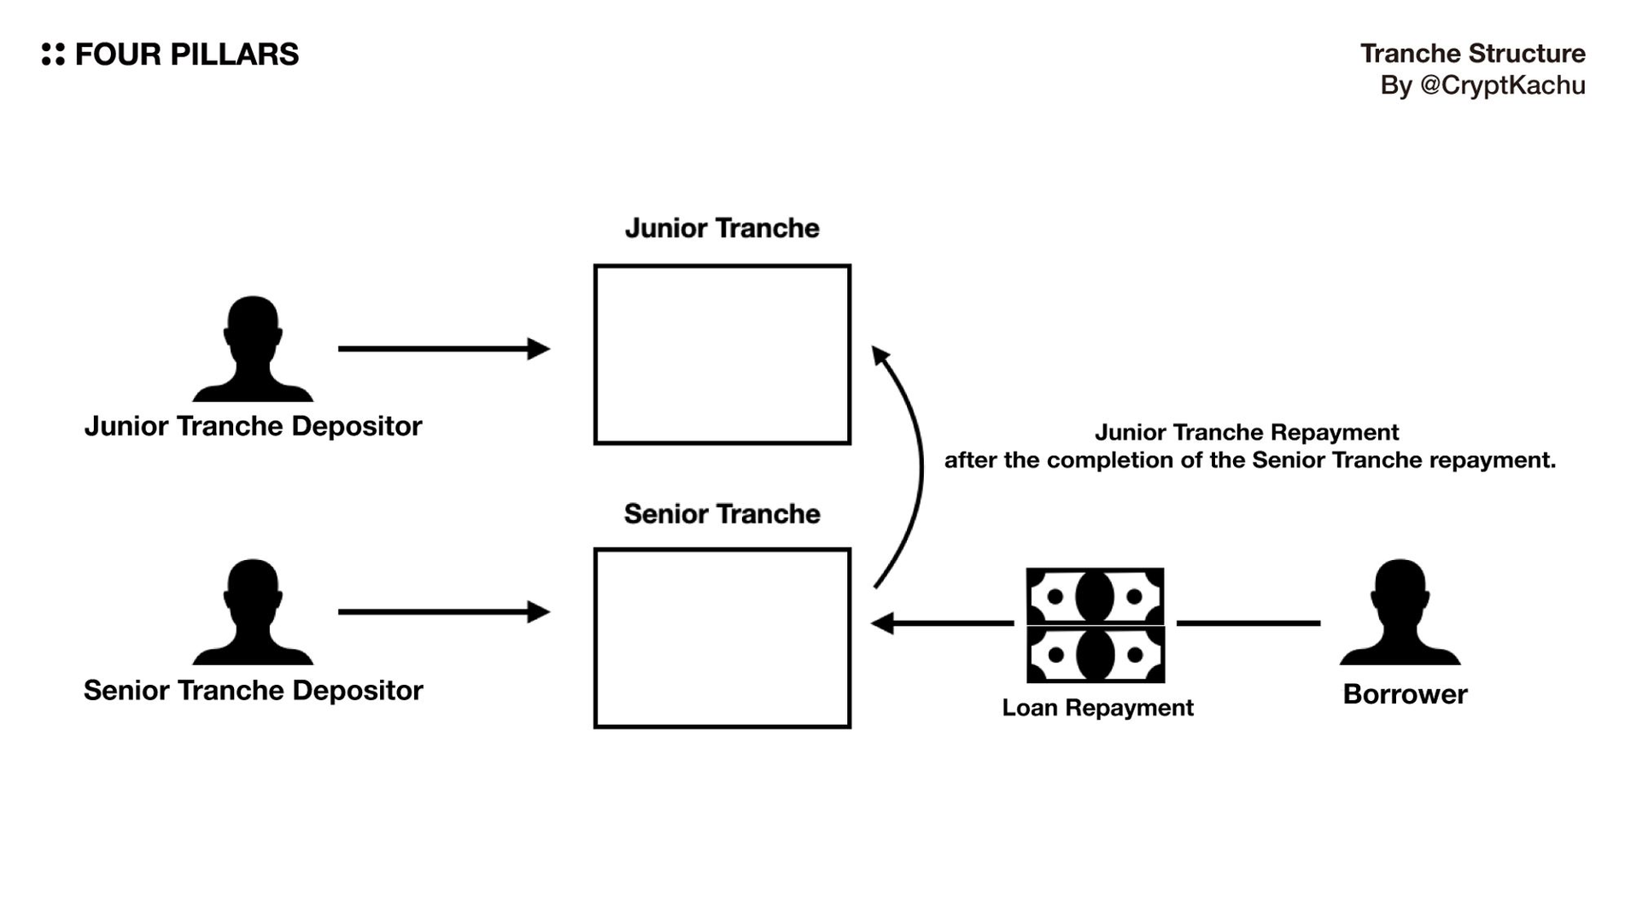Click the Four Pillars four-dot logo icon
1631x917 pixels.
click(x=53, y=54)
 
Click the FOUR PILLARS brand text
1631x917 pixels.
click(x=187, y=55)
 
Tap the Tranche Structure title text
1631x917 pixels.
click(x=1472, y=54)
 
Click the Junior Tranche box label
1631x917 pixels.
click(x=722, y=228)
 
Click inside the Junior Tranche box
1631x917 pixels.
click(x=722, y=354)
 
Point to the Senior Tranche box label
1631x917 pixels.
click(x=722, y=514)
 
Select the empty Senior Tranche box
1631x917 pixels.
click(x=722, y=638)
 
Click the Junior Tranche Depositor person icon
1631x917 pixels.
click(x=253, y=350)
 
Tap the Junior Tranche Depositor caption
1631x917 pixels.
click(x=253, y=426)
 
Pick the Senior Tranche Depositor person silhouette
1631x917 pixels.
click(x=253, y=613)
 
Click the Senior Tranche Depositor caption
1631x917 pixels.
click(x=253, y=690)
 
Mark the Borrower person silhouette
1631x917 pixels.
click(x=1400, y=613)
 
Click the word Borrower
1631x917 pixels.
click(x=1405, y=694)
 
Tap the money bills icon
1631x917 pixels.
click(x=1095, y=625)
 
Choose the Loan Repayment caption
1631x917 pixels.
click(x=1097, y=708)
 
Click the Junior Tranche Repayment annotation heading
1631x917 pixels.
click(x=1247, y=432)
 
